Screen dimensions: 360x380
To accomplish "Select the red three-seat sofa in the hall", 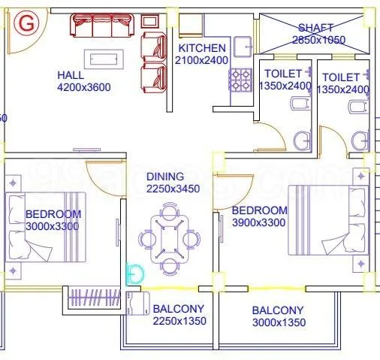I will [x=101, y=27].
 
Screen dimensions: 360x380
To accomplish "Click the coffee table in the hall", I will [x=103, y=58].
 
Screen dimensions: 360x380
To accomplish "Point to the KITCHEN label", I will [x=201, y=49].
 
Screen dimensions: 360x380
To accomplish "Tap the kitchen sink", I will [x=243, y=47].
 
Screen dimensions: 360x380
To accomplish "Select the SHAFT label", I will [x=315, y=28].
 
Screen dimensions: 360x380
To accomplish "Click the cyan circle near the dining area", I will [x=136, y=274].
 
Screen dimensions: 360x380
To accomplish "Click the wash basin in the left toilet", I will [x=302, y=140].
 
